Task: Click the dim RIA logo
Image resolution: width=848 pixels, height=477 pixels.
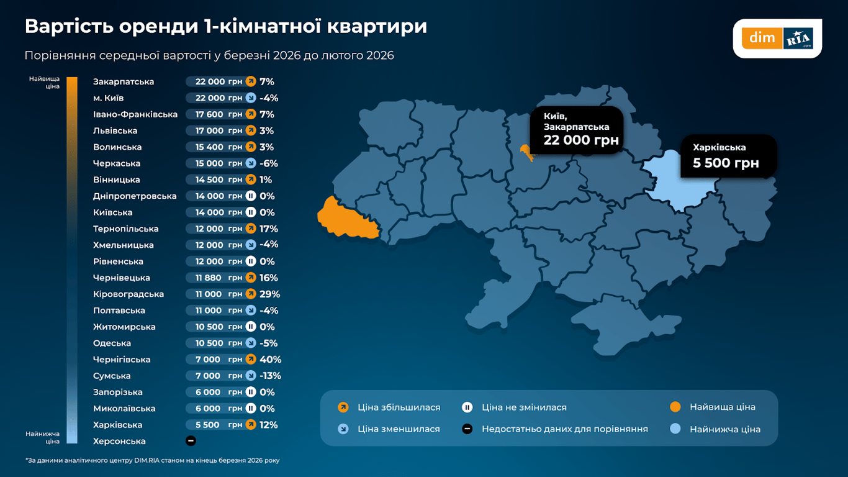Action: click(x=777, y=39)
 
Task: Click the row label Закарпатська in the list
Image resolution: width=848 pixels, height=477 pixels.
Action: click(x=124, y=82)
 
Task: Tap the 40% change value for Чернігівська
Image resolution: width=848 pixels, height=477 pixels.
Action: click(x=271, y=360)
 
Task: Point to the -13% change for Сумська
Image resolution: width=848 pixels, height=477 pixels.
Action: click(x=271, y=376)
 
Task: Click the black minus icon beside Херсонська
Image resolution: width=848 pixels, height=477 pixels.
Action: click(x=191, y=441)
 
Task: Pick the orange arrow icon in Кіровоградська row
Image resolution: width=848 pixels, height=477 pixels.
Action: click(x=251, y=294)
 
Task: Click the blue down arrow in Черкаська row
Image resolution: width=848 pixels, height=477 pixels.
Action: click(x=251, y=163)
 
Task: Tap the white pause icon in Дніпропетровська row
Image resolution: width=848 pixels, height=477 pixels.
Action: click(x=251, y=196)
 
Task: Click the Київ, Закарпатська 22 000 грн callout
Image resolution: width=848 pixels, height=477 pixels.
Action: click(x=576, y=129)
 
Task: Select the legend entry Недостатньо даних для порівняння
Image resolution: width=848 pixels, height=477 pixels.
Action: click(x=564, y=429)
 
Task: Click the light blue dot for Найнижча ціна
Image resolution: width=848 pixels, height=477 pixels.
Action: click(x=675, y=429)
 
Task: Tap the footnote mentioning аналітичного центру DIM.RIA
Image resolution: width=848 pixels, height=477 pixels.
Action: click(x=156, y=460)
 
